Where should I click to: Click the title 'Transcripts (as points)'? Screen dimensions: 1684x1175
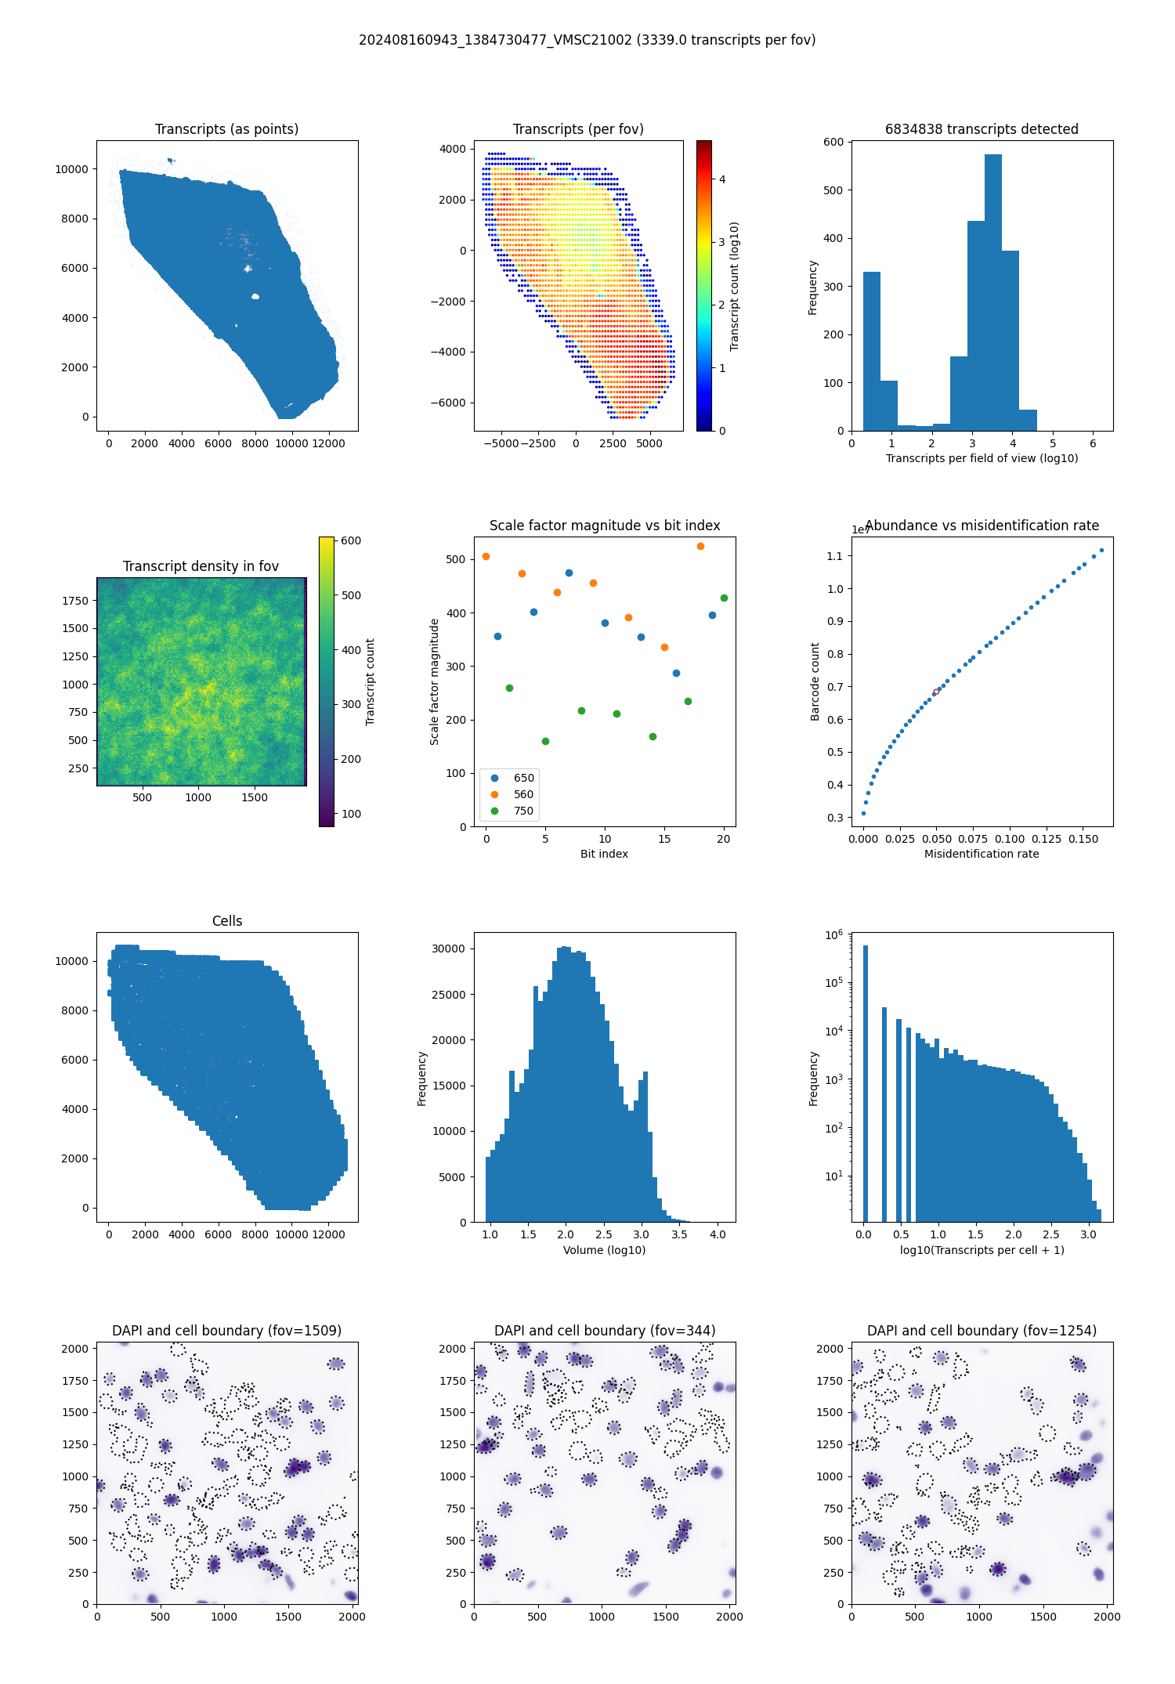(226, 129)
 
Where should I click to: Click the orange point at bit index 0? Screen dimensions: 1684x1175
(486, 557)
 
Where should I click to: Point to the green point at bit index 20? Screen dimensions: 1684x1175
(724, 598)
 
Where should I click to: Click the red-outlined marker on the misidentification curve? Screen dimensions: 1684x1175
(935, 692)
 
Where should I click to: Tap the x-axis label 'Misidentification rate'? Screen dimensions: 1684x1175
(982, 854)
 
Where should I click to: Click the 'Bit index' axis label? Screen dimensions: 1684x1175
(604, 854)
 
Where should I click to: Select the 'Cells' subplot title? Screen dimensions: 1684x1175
(227, 921)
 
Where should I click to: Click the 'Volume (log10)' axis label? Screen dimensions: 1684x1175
(604, 1250)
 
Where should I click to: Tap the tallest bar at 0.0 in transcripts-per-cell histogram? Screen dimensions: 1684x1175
(866, 1081)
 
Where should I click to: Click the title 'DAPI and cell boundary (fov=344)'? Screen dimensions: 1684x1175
(605, 1331)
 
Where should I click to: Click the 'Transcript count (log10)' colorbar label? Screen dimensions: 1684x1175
(734, 286)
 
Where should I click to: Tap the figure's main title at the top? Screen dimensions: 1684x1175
(587, 40)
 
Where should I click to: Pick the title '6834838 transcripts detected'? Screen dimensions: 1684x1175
(982, 129)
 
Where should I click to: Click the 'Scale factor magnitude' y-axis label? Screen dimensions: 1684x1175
(434, 681)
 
